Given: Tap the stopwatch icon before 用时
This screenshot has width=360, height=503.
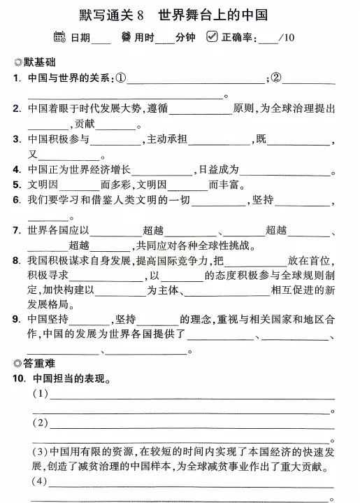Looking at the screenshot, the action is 126,37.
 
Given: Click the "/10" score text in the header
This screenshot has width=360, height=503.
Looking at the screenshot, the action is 286,38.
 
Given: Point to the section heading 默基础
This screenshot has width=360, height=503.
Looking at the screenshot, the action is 43,62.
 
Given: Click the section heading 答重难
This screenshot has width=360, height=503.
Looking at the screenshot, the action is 43,363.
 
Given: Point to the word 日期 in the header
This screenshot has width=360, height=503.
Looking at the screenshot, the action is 80,38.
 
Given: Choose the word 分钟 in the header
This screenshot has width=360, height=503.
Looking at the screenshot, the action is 185,38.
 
